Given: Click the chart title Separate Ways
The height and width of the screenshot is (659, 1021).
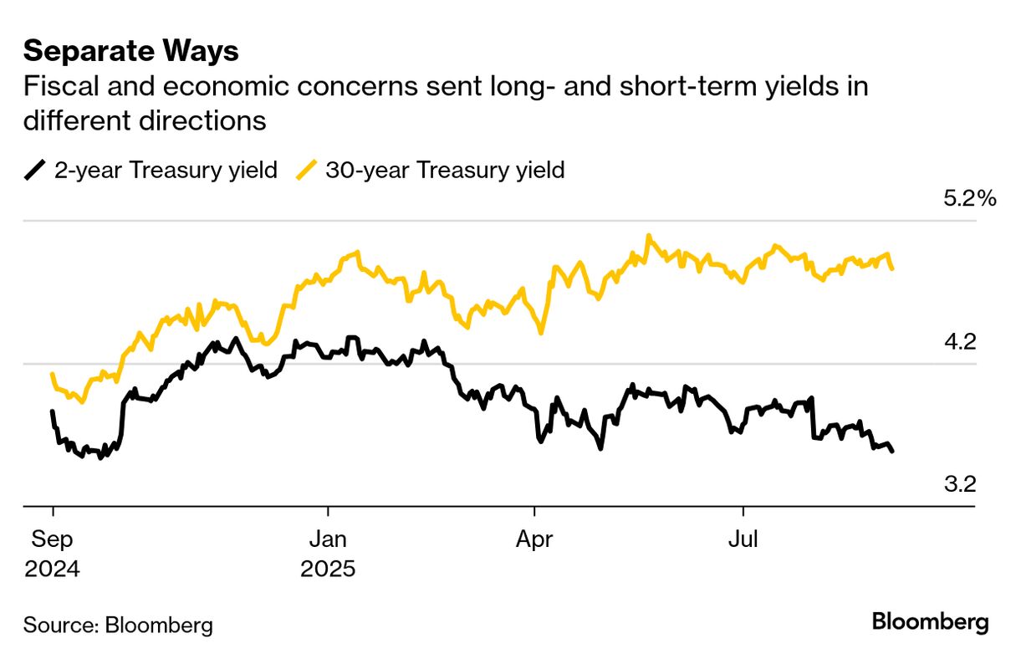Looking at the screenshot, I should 131,52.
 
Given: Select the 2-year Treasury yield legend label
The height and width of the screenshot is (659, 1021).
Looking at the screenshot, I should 166,171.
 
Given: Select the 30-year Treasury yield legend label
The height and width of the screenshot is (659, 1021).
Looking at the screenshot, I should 445,171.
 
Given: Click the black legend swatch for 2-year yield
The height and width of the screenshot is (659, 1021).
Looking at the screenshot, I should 35,171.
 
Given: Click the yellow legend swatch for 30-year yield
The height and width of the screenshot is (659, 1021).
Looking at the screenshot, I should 307,171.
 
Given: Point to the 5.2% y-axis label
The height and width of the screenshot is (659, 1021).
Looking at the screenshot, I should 969,199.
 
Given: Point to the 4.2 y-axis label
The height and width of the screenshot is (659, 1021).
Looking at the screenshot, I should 960,342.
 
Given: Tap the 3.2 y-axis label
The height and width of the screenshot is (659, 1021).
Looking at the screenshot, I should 960,484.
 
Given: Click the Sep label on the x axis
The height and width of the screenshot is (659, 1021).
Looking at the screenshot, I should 52,540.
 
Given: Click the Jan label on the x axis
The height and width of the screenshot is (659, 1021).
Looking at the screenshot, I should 328,540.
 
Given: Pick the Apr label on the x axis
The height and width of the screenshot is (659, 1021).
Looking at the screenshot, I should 534,540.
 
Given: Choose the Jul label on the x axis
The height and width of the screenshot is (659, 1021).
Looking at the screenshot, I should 743,540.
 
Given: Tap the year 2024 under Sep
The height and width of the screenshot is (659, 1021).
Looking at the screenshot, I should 52,570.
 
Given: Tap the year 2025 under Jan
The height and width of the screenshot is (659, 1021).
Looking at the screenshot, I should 328,570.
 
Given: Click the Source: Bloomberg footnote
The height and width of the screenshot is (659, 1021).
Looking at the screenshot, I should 118,625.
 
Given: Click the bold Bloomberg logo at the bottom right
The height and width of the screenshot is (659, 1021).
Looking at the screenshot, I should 930,622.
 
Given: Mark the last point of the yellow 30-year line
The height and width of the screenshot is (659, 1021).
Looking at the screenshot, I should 893,268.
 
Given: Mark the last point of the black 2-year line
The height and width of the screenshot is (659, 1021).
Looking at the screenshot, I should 893,452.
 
